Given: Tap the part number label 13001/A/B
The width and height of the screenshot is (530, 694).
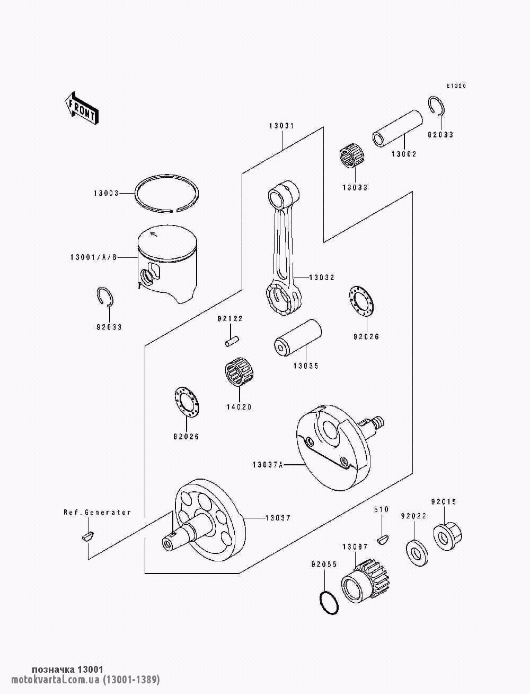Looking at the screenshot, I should click(93, 257).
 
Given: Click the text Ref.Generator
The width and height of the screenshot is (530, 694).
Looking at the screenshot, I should click(97, 512).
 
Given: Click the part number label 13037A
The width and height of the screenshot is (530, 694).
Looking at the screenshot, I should click(268, 465).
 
